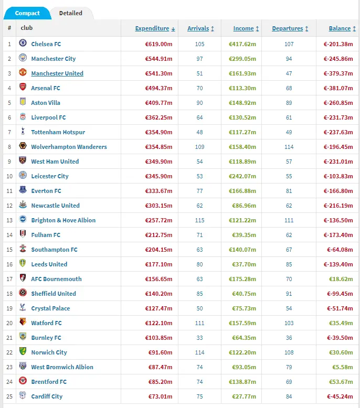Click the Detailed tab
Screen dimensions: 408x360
point(70,13)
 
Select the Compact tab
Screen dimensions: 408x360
point(27,13)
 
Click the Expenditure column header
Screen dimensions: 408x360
point(152,28)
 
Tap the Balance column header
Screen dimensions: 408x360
point(340,28)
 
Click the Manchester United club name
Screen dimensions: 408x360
point(57,73)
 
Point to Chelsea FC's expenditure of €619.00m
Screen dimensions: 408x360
point(159,44)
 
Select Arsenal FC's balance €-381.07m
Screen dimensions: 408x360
point(338,88)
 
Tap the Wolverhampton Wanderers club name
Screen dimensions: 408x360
point(69,147)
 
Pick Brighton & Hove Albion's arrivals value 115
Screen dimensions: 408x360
point(199,220)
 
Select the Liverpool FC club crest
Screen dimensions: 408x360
point(23,117)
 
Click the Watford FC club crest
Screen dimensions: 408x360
point(23,323)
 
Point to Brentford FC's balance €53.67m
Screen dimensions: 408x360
point(341,382)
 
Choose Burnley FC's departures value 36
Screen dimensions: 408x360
point(289,338)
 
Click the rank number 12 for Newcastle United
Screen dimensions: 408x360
point(9,206)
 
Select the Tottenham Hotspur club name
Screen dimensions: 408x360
point(58,132)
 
